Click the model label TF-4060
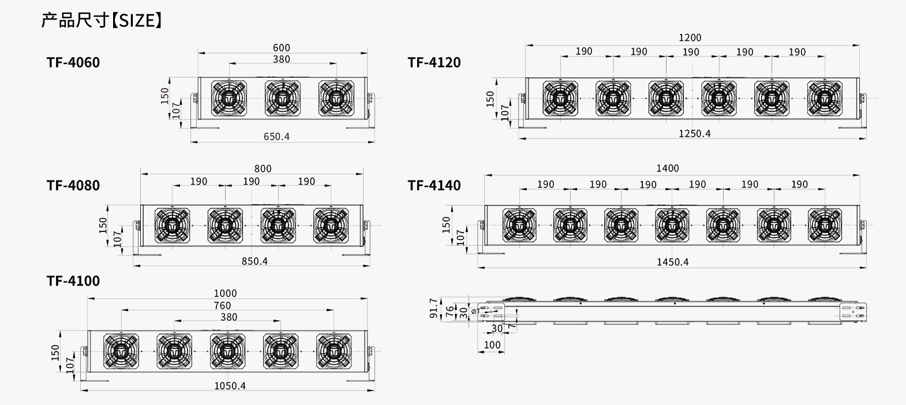[x=73, y=62]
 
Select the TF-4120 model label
[x=434, y=62]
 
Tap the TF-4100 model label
[x=73, y=280]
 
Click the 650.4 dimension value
[x=276, y=137]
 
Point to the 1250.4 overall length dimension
[x=694, y=133]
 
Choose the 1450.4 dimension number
[x=673, y=262]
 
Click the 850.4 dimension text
[x=255, y=261]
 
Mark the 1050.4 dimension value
[x=230, y=385]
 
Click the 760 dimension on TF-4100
[x=222, y=306]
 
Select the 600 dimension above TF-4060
[x=282, y=48]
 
